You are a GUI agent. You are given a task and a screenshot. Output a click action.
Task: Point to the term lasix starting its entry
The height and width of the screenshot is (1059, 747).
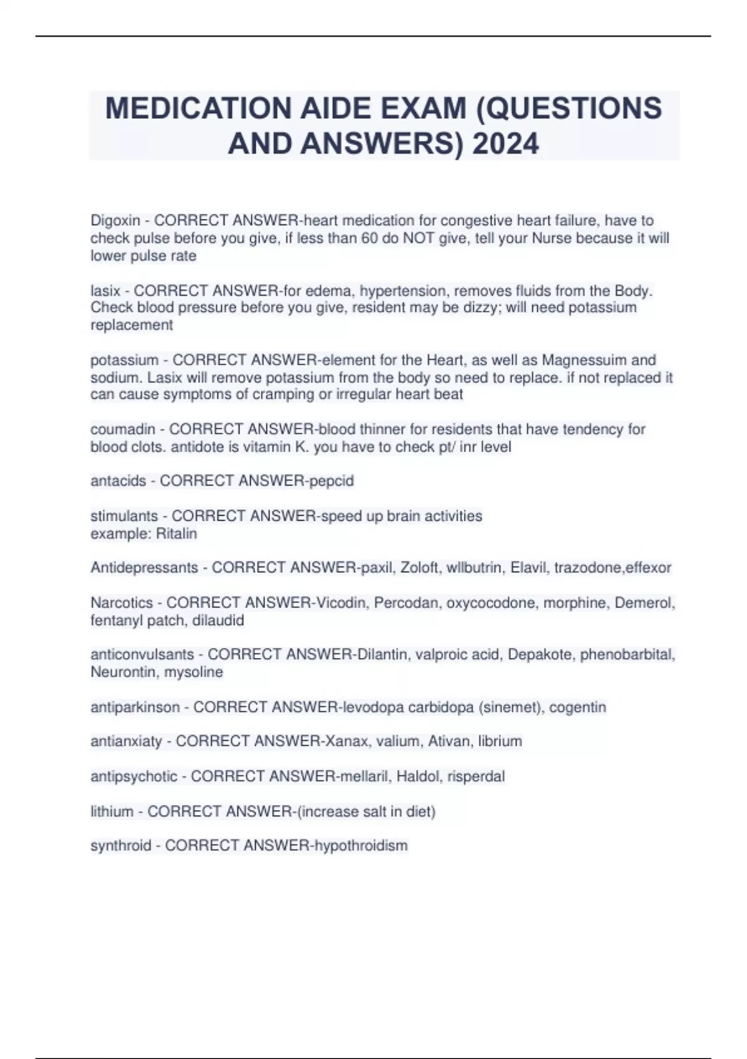(105, 291)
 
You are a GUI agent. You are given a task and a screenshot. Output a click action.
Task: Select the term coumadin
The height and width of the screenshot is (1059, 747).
(123, 429)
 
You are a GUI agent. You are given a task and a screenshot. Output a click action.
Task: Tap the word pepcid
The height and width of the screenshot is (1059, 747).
(332, 481)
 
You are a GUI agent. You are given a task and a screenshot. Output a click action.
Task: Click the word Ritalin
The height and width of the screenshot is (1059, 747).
(177, 534)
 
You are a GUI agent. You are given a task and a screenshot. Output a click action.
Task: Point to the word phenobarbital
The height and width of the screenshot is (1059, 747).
(627, 655)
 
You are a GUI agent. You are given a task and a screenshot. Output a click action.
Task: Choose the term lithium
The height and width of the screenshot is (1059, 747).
(112, 812)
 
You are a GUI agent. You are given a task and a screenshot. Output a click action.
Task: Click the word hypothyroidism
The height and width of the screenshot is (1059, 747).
(361, 846)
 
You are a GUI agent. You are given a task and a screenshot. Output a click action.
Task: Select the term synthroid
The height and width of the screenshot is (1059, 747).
(121, 846)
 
